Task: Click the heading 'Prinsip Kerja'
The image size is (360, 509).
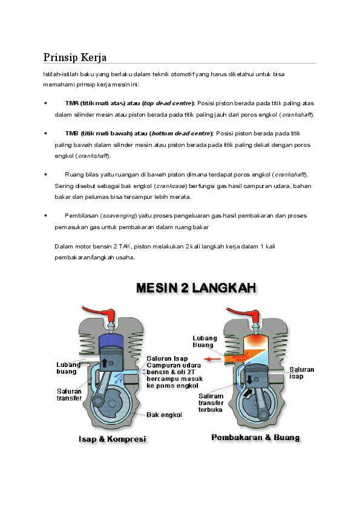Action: (75, 57)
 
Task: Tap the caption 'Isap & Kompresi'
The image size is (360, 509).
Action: (112, 438)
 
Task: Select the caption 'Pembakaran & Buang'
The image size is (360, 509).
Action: (255, 437)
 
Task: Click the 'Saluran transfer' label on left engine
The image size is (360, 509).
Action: (70, 395)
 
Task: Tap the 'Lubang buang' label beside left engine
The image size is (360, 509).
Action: (67, 368)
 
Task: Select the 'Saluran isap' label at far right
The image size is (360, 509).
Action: (301, 372)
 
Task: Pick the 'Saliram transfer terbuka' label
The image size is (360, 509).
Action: (211, 403)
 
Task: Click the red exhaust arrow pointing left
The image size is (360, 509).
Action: (212, 358)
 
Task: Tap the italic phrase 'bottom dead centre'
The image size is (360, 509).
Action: (181, 133)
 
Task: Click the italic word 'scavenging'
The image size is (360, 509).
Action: (119, 215)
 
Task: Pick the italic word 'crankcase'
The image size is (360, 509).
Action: (171, 186)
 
